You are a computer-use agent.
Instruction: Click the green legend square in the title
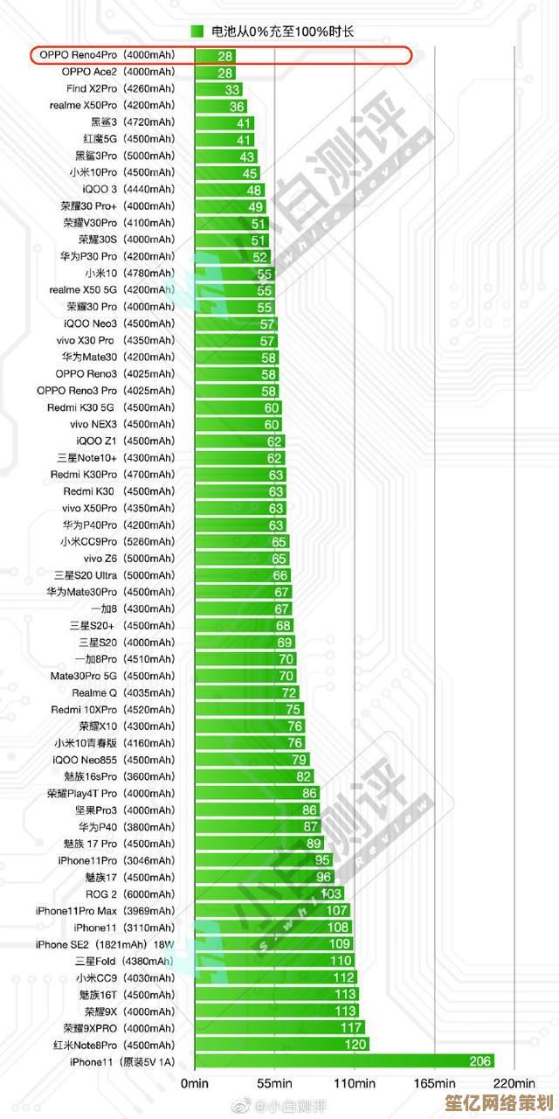point(197,31)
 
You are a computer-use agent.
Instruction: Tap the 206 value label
point(481,1061)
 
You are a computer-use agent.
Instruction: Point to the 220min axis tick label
point(519,1083)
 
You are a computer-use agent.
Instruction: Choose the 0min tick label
point(194,1083)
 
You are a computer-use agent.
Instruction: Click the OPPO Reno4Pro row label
point(78,55)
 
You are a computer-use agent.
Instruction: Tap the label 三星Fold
point(95,961)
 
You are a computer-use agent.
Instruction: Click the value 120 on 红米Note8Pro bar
point(355,1045)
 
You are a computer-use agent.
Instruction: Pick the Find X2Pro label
point(91,89)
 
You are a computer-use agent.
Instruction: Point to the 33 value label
point(232,89)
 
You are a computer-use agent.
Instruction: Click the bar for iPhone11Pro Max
point(272,911)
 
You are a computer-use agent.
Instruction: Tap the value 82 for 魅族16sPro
point(304,776)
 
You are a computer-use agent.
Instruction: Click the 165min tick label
point(435,1083)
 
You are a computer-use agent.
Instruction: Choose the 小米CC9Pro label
point(88,541)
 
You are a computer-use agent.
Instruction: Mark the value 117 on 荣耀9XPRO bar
point(352,1028)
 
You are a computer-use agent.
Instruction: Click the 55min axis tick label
point(274,1083)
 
